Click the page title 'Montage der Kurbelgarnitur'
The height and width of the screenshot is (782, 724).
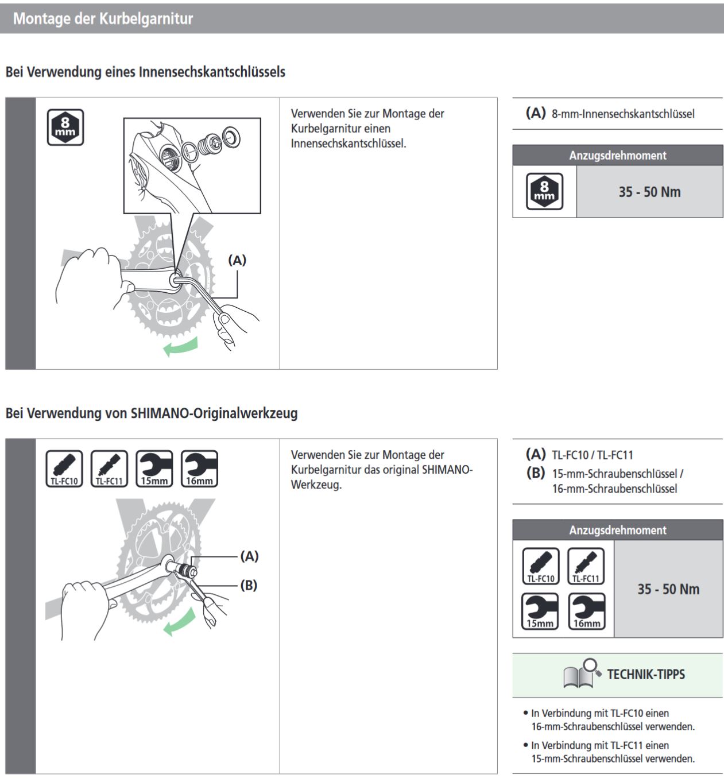click(x=103, y=18)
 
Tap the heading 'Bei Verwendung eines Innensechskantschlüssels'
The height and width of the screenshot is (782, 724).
click(x=145, y=72)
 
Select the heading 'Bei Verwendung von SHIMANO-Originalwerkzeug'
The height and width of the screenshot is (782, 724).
click(x=152, y=413)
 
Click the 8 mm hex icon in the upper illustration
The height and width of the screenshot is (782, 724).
click(x=65, y=127)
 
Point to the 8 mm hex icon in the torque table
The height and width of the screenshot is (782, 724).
click(x=544, y=191)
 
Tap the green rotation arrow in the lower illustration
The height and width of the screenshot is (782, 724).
click(x=179, y=624)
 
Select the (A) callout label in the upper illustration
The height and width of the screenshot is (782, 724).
click(x=237, y=260)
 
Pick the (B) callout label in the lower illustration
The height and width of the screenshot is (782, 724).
click(x=249, y=585)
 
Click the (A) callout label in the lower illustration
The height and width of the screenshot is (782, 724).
click(x=249, y=556)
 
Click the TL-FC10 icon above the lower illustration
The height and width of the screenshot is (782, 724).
click(x=64, y=469)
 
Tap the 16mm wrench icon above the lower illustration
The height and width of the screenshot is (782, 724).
click(x=199, y=469)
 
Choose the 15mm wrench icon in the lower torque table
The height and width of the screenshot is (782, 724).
click(x=540, y=611)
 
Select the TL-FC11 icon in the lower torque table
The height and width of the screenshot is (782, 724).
click(x=586, y=566)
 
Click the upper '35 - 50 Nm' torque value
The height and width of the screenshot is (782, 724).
click(x=649, y=192)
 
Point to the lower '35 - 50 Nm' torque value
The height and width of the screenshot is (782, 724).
click(x=668, y=589)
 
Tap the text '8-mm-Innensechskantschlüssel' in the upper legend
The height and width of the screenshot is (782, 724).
click(x=623, y=114)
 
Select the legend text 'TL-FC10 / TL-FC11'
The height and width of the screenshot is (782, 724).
click(x=593, y=455)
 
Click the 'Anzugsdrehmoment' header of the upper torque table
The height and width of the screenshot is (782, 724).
click(x=618, y=156)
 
